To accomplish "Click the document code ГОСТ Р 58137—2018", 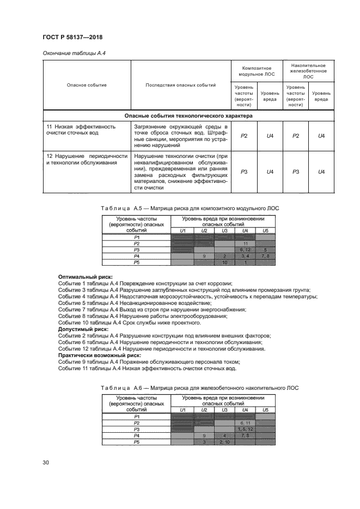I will coord(74,37).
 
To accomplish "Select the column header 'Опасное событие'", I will coord(87,85).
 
